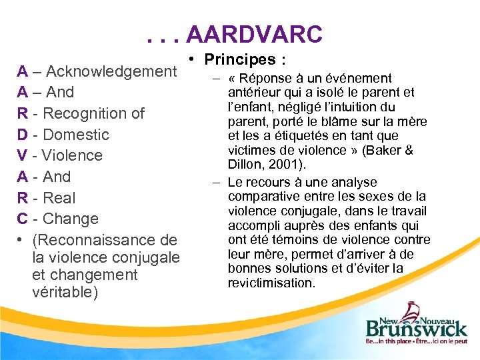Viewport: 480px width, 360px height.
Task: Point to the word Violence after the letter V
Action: (x=72, y=155)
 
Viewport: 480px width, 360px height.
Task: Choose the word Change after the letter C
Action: (x=69, y=219)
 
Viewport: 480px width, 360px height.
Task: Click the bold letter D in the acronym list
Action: (x=23, y=135)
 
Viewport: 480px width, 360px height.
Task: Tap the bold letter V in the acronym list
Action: (x=23, y=155)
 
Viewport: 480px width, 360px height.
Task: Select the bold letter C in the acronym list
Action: (x=23, y=219)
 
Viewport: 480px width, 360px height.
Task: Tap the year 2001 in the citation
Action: (x=277, y=164)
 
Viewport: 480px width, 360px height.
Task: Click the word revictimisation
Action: (x=271, y=283)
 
